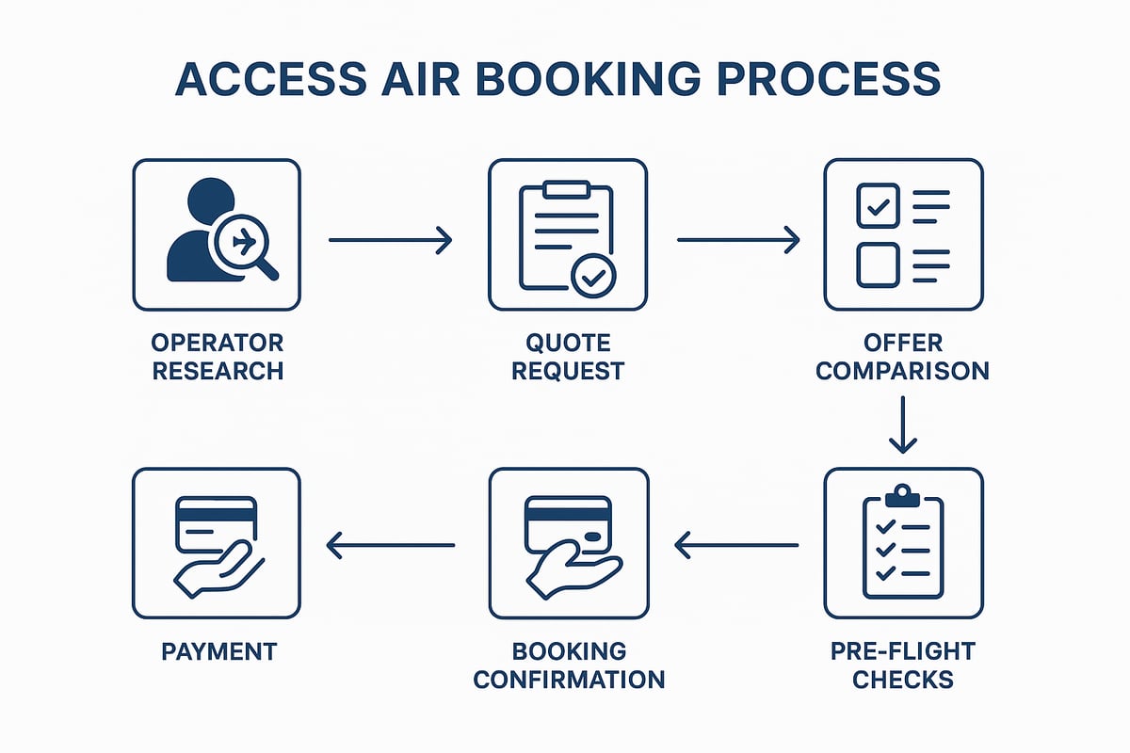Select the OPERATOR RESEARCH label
coord(218,356)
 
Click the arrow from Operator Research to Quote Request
coord(390,241)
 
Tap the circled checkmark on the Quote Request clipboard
coord(594,277)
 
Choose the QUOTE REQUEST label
coord(568,356)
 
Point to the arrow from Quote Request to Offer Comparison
coord(737,241)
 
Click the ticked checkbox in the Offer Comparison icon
coord(878,206)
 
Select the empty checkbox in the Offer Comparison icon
coord(878,265)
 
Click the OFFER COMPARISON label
coord(902,356)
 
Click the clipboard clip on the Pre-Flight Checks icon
coord(903,494)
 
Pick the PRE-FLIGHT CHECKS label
coord(902,665)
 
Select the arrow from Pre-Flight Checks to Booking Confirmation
coord(736,544)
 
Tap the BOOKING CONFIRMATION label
coord(569,665)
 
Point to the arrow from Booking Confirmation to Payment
coord(390,544)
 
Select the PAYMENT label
coord(218,650)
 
